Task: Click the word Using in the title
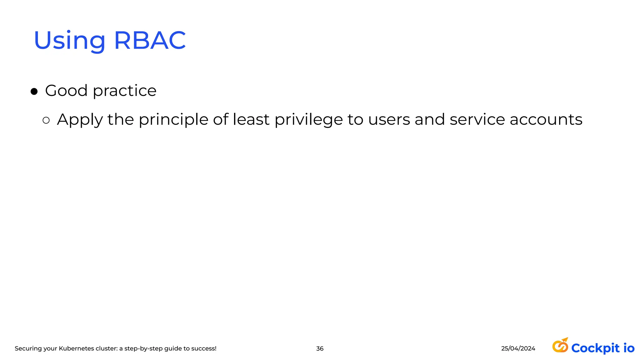click(69, 41)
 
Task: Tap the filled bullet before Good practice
click(34, 92)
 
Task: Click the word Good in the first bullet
click(66, 91)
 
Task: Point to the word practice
click(124, 91)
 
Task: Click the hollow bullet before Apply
click(46, 120)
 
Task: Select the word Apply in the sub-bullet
click(80, 120)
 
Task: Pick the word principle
click(173, 120)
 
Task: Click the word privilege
click(308, 120)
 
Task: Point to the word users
click(389, 119)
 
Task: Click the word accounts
click(546, 119)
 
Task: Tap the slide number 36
click(320, 348)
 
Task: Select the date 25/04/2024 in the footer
click(518, 348)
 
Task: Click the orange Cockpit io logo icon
click(560, 345)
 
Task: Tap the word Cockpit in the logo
click(595, 348)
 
